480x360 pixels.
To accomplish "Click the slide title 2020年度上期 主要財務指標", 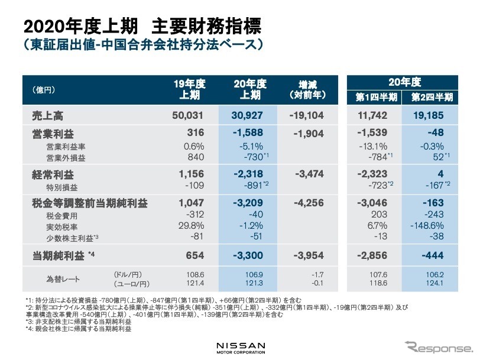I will click(x=141, y=26).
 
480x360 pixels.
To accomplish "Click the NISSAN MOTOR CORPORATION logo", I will click(x=240, y=346).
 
